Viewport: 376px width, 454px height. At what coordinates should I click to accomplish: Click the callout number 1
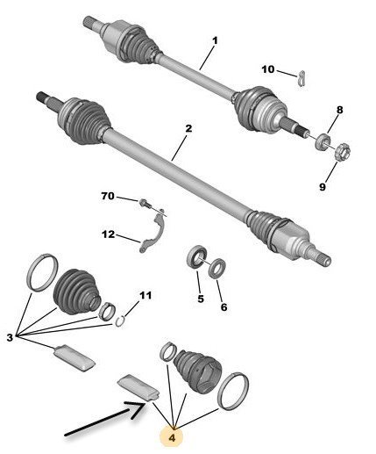coord(215,40)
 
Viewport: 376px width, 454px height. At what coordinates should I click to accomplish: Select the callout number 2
coord(188,128)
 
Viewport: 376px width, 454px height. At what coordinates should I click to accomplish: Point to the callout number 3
coord(10,337)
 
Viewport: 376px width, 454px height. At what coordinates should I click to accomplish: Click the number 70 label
coord(108,196)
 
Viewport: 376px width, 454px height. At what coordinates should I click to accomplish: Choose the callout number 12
coord(109,234)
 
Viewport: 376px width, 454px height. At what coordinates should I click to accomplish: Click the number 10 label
coord(268,69)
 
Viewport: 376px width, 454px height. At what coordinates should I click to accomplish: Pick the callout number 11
coord(145,295)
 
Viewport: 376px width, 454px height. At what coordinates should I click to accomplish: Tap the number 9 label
coord(323,187)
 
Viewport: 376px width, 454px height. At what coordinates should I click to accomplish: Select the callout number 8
coord(339,110)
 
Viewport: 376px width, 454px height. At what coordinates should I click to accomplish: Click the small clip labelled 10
coord(302,78)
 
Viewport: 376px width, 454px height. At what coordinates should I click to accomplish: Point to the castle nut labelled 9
coord(341,152)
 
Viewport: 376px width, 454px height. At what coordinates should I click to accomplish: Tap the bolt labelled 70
coord(145,203)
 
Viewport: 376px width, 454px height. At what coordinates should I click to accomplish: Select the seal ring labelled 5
coord(196,256)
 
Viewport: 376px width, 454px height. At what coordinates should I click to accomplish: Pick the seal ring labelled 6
coord(217,268)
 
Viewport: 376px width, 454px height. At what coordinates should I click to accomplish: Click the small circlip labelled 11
coord(120,321)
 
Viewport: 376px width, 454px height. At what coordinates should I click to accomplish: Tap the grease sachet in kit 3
coord(74,358)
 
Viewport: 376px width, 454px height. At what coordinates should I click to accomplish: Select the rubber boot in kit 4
coord(197,370)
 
